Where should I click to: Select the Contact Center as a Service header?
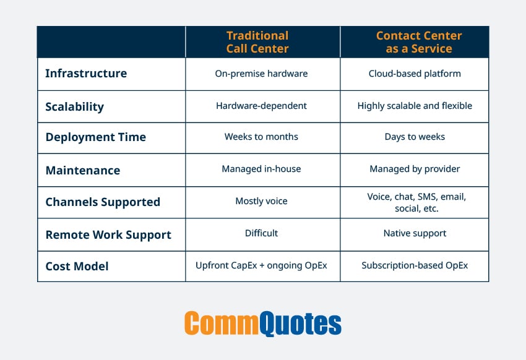(x=415, y=42)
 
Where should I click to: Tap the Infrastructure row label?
(x=86, y=74)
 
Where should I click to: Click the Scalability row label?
(x=74, y=106)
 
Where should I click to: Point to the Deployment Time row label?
(x=95, y=137)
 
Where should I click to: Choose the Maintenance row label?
(x=82, y=170)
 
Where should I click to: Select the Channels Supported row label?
(x=103, y=202)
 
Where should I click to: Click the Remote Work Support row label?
(x=108, y=234)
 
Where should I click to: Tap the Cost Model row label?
(x=77, y=267)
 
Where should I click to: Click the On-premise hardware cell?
(x=261, y=74)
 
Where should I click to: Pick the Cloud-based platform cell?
(x=415, y=74)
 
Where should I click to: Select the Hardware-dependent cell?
(x=261, y=106)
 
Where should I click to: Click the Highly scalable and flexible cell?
(x=415, y=106)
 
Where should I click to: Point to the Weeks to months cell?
(x=261, y=137)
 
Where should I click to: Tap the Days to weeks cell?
(x=415, y=137)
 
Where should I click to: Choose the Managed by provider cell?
(x=415, y=169)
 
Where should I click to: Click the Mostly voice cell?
(x=261, y=201)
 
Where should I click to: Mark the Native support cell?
(x=415, y=233)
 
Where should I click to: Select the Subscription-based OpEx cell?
(x=415, y=265)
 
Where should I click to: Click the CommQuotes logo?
(x=262, y=323)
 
